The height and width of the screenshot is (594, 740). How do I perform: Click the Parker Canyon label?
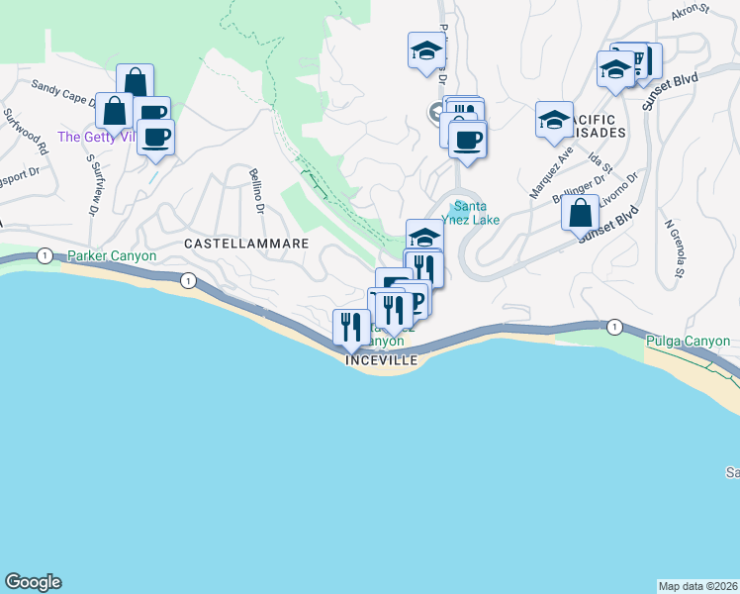(112, 255)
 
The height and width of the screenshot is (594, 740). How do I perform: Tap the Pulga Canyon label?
(687, 342)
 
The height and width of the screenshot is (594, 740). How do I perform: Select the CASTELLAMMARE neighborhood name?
(247, 243)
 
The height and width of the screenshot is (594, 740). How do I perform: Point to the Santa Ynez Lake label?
(477, 213)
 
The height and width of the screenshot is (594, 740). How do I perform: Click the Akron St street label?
(691, 14)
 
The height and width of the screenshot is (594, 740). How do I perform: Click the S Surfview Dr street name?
(95, 184)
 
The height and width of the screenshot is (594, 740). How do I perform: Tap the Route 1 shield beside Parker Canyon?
(45, 255)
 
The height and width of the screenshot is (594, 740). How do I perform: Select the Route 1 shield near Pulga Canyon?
(614, 327)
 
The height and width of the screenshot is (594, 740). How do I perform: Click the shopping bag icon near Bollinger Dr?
(580, 212)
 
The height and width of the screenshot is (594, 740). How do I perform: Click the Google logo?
(33, 582)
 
